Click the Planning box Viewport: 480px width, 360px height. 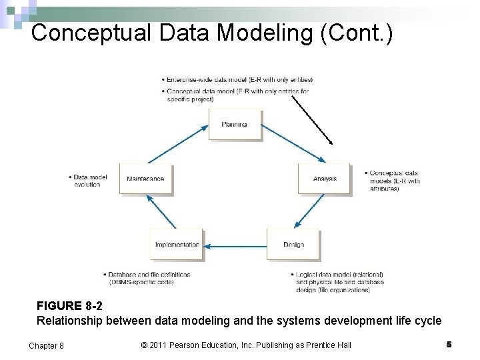pyautogui.click(x=235, y=124)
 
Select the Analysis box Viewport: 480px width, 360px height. pyautogui.click(x=324, y=178)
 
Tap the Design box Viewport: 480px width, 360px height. pyautogui.click(x=293, y=245)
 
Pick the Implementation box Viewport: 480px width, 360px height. pyautogui.click(x=177, y=245)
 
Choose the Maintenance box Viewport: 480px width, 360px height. pyautogui.click(x=145, y=178)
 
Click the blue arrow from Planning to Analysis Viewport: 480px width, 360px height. pyautogui.click(x=293, y=143)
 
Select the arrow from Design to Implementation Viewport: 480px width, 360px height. pyautogui.click(x=235, y=247)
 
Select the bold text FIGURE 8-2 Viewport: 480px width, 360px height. pyautogui.click(x=69, y=307)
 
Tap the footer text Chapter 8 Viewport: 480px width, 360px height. pyautogui.click(x=47, y=345)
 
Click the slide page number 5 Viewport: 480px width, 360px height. pyautogui.click(x=449, y=344)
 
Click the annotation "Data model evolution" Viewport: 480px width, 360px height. pyautogui.click(x=87, y=181)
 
